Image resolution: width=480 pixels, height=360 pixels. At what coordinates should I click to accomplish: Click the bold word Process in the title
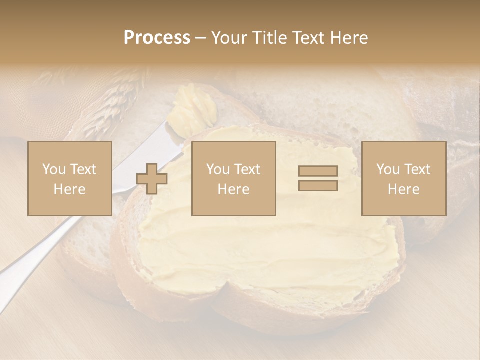[x=157, y=38]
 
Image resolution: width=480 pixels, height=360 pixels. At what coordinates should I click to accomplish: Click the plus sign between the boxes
[x=152, y=179]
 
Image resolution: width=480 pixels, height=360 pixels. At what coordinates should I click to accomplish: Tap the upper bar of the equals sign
[x=318, y=171]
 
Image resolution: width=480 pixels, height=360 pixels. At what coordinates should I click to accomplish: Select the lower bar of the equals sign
[x=318, y=186]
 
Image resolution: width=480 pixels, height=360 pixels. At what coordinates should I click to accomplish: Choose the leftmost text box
[x=70, y=178]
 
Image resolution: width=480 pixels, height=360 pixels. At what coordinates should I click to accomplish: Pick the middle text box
[x=233, y=178]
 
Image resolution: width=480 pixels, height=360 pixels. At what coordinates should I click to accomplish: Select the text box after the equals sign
[x=403, y=178]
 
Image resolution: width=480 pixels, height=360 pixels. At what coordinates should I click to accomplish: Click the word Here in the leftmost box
[x=70, y=189]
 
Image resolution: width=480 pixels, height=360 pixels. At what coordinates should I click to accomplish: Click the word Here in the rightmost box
[x=403, y=189]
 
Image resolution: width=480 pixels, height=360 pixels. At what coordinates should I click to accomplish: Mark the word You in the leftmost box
[x=54, y=169]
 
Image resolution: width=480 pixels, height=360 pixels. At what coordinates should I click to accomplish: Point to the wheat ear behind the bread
[x=110, y=105]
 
